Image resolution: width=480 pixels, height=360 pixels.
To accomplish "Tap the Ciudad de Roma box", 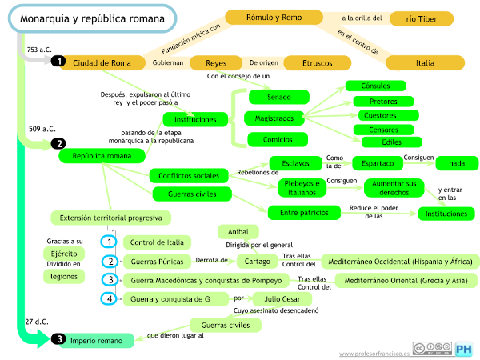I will pos(102,62).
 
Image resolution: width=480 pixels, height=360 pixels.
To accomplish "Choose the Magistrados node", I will pos(274,118).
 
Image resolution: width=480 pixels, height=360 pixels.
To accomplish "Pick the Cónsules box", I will pos(375,86).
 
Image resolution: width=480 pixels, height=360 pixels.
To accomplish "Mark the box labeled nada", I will pos(457,163).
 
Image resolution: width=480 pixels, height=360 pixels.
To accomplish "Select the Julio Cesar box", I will pos(276,299).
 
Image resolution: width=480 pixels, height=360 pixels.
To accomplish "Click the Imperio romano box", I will pos(97,341).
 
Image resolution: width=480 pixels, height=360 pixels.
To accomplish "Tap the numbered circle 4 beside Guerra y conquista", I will pos(110,299).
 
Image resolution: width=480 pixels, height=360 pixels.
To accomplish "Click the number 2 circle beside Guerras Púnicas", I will pos(110,261).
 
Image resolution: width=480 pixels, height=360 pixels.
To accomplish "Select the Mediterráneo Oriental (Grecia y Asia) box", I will pos(406,281).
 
